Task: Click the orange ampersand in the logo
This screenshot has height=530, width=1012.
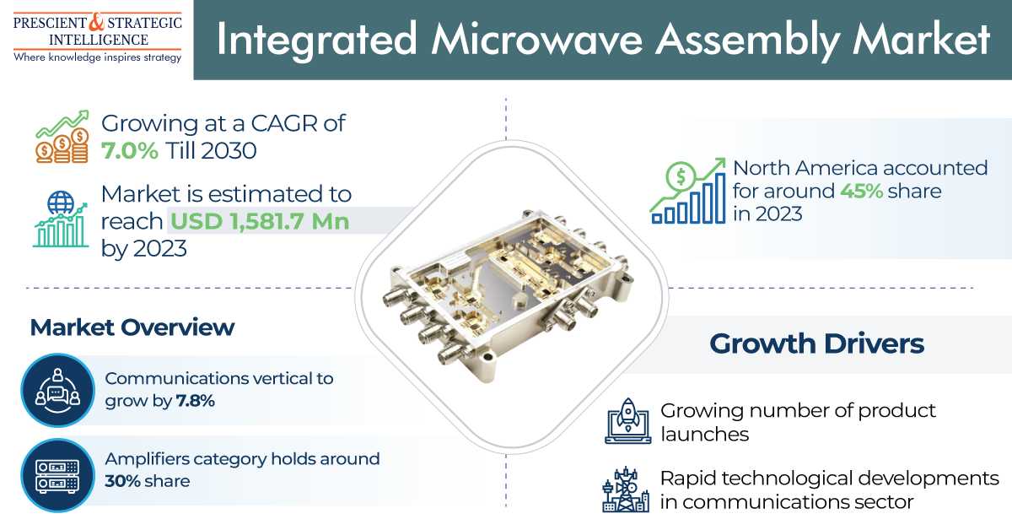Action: [96, 22]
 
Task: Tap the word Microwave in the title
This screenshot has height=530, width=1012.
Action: [536, 39]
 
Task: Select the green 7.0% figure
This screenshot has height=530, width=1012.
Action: [130, 150]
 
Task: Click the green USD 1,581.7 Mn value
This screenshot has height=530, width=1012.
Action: [260, 221]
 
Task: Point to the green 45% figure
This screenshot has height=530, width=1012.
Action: [862, 191]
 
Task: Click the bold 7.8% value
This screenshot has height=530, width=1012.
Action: [195, 401]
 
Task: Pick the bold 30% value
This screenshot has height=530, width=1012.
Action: [123, 481]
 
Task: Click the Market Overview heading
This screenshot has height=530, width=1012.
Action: [132, 327]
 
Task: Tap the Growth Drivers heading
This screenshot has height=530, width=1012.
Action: [817, 343]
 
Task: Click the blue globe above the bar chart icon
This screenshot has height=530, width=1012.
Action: [61, 203]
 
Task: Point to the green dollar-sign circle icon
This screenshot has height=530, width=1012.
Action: [681, 176]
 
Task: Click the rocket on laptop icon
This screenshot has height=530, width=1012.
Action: [628, 420]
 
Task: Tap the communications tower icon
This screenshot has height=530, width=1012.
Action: [626, 489]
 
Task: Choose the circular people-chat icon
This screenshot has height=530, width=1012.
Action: [58, 390]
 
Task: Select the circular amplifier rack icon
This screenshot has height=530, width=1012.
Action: [58, 475]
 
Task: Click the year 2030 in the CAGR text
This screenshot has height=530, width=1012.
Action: [229, 150]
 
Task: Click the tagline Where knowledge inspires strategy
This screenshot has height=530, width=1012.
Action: [98, 58]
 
